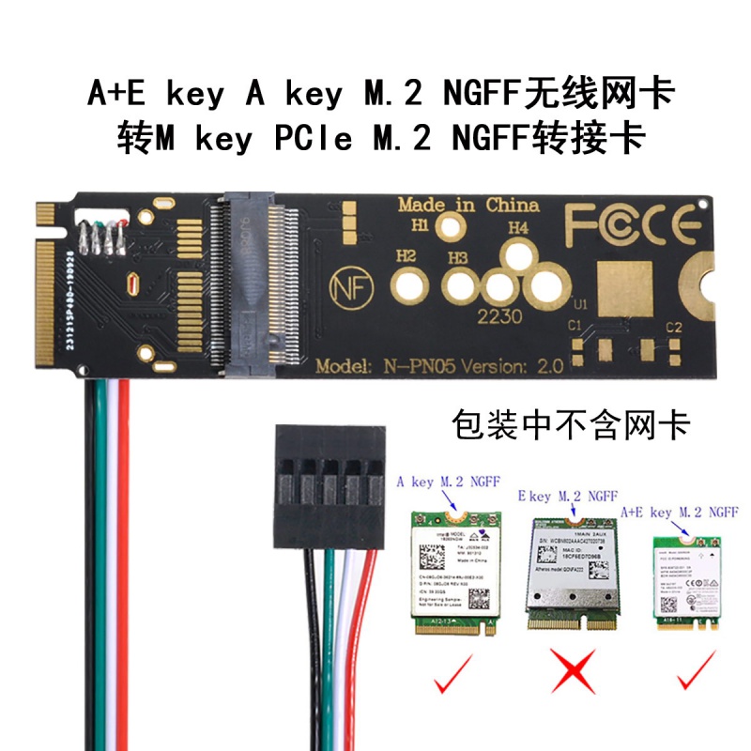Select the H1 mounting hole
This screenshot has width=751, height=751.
453,226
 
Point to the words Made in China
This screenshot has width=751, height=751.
468,204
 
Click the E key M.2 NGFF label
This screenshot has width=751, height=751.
567,495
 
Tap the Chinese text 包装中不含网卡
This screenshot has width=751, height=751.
571,425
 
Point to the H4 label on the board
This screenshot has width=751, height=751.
518,228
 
